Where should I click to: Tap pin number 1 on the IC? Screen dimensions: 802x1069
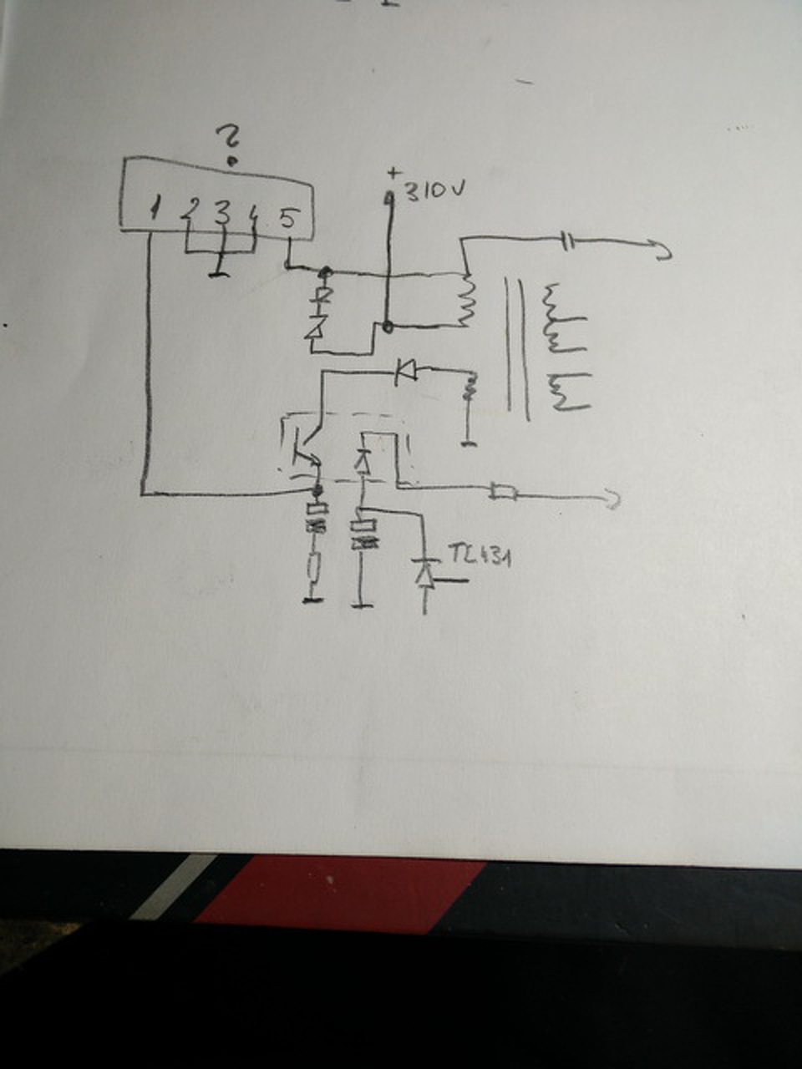coord(155,210)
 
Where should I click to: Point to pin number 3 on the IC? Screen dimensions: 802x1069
coord(221,212)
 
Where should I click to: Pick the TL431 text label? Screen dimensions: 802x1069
coord(480,555)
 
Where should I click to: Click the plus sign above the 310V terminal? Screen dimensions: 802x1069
coord(393,174)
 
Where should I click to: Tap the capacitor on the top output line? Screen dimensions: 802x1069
coord(567,242)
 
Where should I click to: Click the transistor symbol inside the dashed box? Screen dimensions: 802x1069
coord(303,451)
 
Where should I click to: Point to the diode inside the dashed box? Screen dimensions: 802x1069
coord(362,460)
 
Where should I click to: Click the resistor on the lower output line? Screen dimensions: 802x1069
coord(503,493)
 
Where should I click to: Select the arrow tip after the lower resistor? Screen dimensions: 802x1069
coord(614,499)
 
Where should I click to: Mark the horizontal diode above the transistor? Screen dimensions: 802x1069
coord(407,368)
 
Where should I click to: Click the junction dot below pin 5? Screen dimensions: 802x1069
coord(326,271)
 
